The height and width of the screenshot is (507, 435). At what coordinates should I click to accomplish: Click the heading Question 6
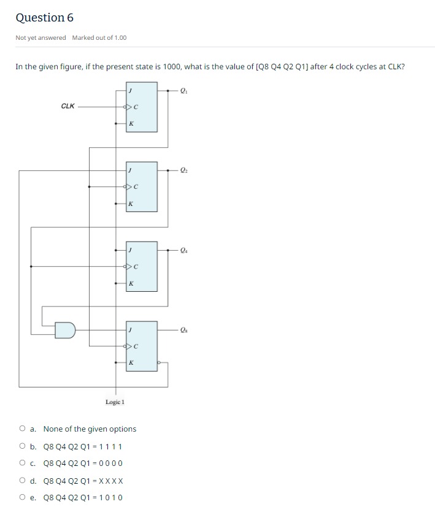tap(44, 18)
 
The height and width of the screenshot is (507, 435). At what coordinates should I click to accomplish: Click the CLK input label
tap(68, 106)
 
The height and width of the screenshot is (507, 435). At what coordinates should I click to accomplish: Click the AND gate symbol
tap(64, 330)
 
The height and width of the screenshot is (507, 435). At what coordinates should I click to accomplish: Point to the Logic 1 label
tap(115, 402)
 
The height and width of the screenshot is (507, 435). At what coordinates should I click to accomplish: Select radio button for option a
tap(23, 429)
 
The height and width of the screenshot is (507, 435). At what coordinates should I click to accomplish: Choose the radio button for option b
tap(23, 446)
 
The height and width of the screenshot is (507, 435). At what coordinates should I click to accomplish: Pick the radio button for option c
tap(23, 463)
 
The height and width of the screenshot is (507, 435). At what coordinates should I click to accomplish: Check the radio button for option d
tap(23, 481)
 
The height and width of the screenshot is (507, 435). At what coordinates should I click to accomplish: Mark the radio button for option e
tap(23, 497)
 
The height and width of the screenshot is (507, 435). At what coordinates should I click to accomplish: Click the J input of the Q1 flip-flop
tap(131, 90)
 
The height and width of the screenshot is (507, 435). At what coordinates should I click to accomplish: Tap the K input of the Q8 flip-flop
tap(131, 362)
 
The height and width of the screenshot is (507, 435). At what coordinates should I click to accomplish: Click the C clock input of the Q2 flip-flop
tap(135, 186)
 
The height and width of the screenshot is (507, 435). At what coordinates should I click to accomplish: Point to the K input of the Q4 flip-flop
tap(131, 283)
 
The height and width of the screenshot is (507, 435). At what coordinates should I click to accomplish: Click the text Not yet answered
tap(40, 38)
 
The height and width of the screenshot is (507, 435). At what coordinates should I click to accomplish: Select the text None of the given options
tap(90, 429)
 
